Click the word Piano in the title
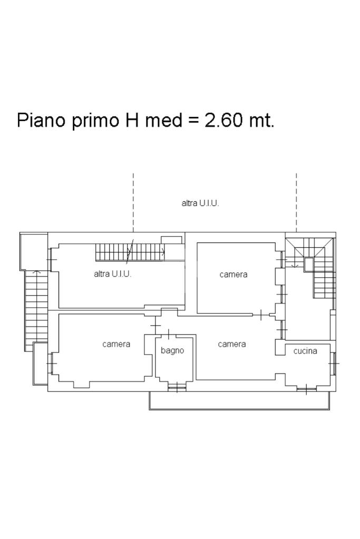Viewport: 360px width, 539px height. click(41, 120)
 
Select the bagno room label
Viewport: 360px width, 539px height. click(172, 350)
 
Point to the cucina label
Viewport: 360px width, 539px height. click(305, 351)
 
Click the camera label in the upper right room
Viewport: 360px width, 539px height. click(233, 275)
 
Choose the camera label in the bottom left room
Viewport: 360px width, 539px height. click(116, 344)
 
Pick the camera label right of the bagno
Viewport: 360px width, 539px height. click(232, 344)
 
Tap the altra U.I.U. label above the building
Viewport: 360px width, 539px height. click(200, 203)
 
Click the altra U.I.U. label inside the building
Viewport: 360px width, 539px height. click(112, 274)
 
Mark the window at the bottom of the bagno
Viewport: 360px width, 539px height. click(177, 387)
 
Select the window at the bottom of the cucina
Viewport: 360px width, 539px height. click(307, 389)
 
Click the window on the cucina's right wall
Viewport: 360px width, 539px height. click(333, 363)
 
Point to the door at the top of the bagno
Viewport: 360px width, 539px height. click(169, 335)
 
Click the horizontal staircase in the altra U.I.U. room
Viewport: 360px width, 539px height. click(130, 252)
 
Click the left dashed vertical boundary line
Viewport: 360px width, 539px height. click(133, 202)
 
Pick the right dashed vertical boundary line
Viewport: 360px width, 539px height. click(296, 202)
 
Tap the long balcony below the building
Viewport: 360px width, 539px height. click(240, 401)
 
